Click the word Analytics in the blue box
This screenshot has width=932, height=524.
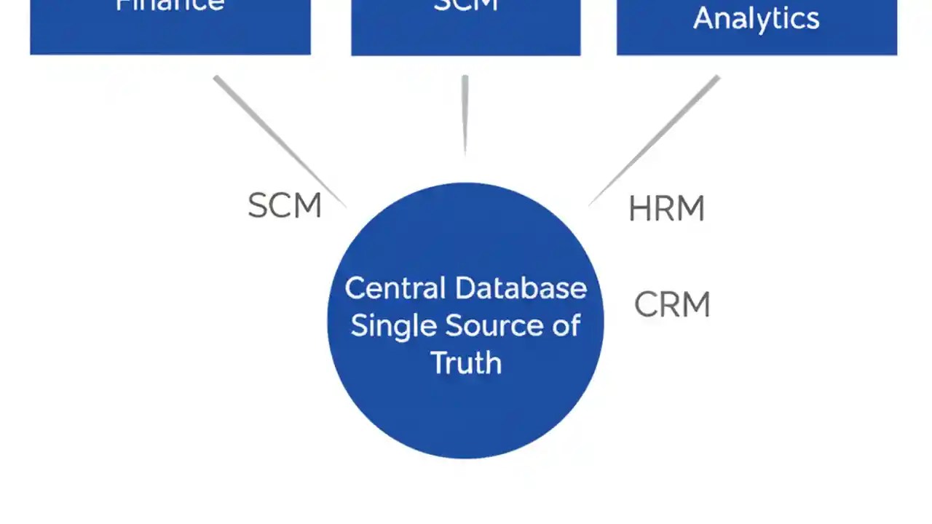(756, 18)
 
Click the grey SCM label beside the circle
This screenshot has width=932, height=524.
(284, 206)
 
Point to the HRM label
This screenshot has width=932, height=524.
(666, 210)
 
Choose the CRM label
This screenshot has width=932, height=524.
(672, 305)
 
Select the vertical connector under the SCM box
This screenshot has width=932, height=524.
(465, 114)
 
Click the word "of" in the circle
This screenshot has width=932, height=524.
(566, 325)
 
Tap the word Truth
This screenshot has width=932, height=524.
(466, 362)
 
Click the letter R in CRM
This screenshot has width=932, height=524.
(671, 305)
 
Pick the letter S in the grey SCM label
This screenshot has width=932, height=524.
(258, 206)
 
